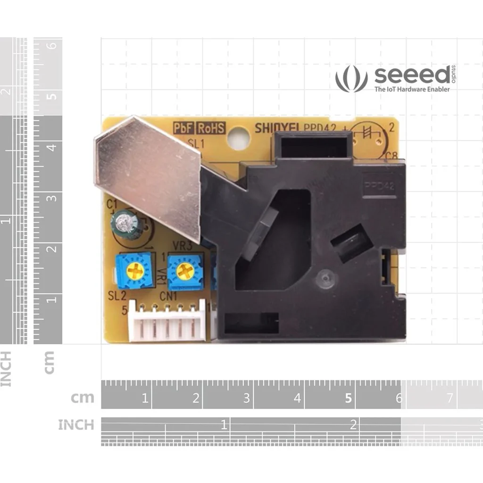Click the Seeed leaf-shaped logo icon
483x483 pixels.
351,79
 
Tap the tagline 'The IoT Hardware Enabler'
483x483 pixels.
412,89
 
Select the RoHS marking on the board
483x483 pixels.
211,128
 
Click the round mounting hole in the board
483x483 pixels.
238,139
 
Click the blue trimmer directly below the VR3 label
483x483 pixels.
185,272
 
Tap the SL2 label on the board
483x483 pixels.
117,296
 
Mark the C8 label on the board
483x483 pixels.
391,156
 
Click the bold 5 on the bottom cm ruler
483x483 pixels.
348,399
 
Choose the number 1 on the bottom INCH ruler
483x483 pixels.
224,424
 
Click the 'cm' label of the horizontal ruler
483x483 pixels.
83,398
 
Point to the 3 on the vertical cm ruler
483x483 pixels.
52,198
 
